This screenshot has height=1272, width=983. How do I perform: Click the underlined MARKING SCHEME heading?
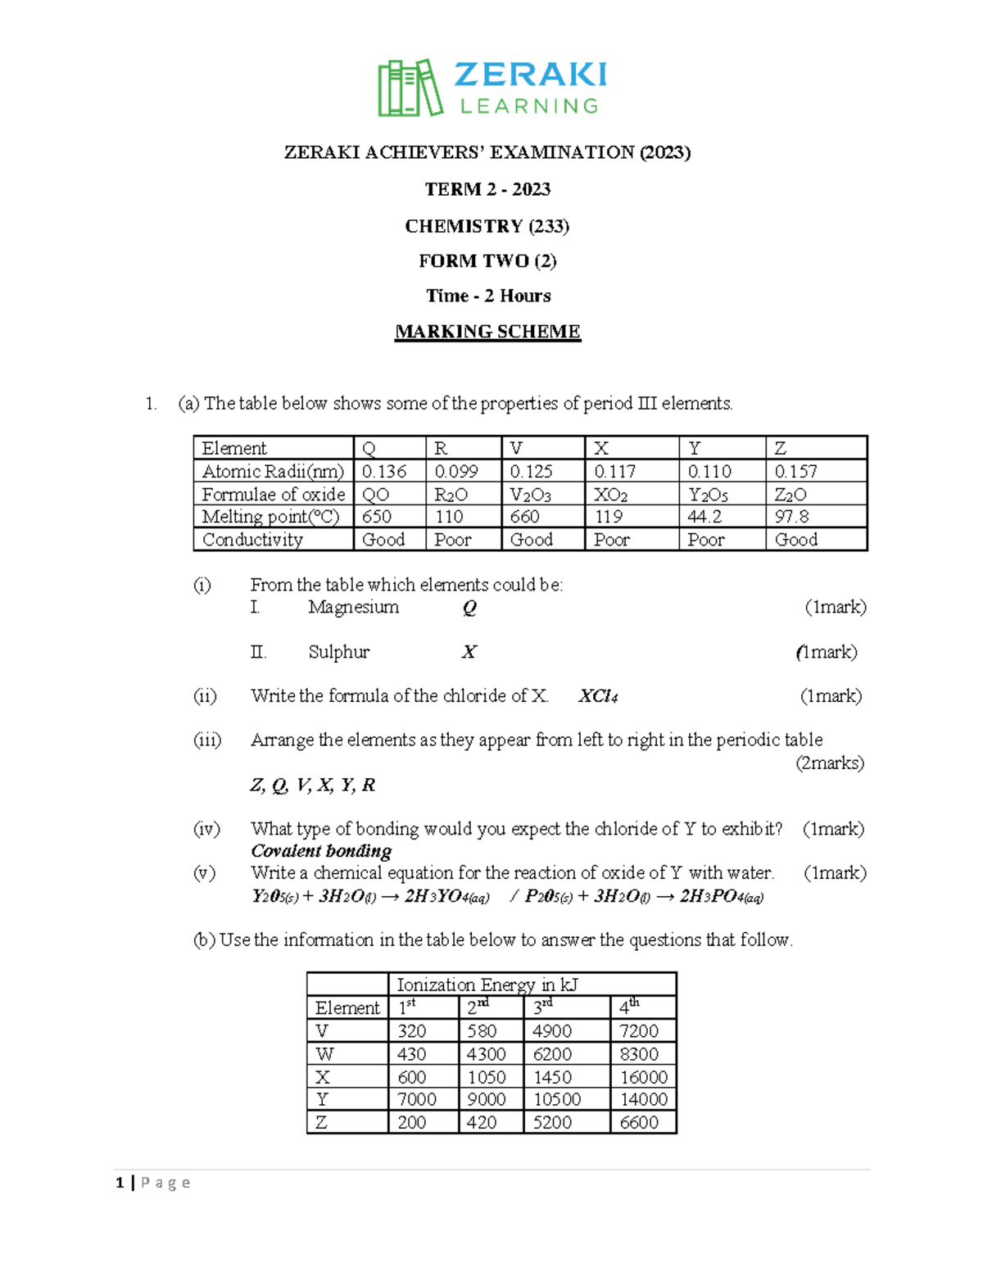[487, 332]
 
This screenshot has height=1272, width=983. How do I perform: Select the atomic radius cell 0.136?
[384, 472]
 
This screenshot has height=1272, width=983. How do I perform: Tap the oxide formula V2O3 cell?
[530, 495]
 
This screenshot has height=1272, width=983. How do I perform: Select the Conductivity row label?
[252, 540]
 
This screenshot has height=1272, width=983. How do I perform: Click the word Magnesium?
[353, 607]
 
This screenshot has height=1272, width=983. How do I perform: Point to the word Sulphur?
[338, 652]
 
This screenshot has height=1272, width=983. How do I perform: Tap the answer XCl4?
[598, 696]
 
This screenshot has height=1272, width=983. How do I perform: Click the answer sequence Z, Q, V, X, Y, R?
[312, 785]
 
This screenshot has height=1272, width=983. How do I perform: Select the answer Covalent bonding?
[321, 851]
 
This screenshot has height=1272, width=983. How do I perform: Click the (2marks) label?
[830, 763]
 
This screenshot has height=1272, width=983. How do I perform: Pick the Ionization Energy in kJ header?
[487, 985]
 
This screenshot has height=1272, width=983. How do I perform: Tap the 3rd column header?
[543, 1007]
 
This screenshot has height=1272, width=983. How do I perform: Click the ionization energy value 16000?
[643, 1077]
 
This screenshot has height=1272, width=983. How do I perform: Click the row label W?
[324, 1054]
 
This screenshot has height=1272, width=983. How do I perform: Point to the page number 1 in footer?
[120, 1183]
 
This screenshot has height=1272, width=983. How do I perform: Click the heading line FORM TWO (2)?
[487, 261]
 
